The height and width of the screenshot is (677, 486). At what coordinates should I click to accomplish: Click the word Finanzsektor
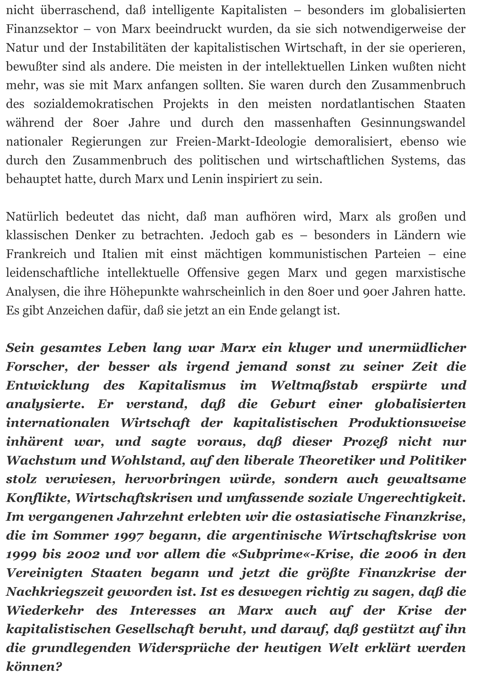[x=42, y=29]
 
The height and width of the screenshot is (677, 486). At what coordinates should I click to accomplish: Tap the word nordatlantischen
[x=367, y=104]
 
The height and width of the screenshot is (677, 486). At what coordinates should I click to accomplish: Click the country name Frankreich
[x=36, y=254]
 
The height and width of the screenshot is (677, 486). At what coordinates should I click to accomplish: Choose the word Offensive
[x=213, y=273]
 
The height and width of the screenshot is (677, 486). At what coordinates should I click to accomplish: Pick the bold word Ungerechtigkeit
[x=411, y=498]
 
